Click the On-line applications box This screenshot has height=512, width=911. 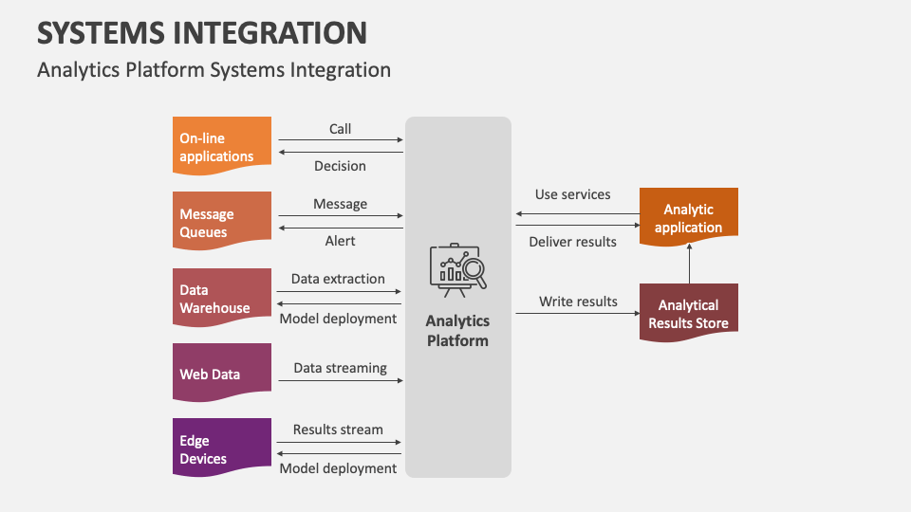[222, 146]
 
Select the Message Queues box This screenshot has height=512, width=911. [222, 222]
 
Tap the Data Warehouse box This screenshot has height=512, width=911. [222, 298]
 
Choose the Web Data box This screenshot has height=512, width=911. [222, 374]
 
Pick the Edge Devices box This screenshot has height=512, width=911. [222, 448]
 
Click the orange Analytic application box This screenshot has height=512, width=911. [688, 217]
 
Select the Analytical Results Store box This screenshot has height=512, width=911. [688, 313]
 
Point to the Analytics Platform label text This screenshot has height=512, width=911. [457, 331]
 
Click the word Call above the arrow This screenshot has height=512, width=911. [340, 129]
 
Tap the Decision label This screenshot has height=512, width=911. [340, 166]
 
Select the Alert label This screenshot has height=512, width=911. [340, 241]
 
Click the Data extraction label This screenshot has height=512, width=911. [338, 279]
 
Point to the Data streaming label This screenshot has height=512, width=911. [340, 368]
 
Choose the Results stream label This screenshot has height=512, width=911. [338, 430]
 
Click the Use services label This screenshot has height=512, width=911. [572, 194]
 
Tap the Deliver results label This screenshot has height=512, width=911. [572, 242]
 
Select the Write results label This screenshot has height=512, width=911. [578, 302]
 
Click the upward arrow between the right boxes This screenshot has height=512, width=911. [689, 264]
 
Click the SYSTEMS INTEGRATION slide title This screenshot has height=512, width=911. [202, 33]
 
